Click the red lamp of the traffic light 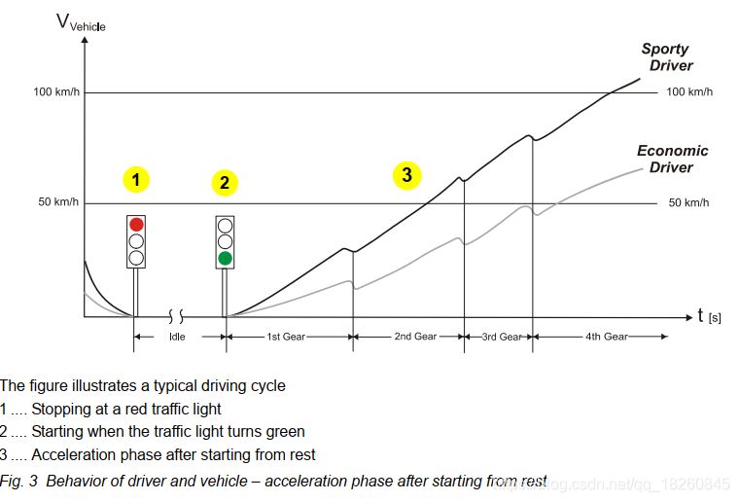point(136,225)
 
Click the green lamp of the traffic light point(225,259)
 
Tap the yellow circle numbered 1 point(136,180)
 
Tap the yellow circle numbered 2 point(225,183)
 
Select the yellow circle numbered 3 point(406,175)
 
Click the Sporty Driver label point(667,57)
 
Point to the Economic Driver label point(672,159)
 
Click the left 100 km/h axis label point(56,91)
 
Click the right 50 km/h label point(688,202)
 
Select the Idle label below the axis point(177,337)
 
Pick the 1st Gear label point(286,337)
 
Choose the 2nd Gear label point(415,336)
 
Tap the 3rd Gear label point(502,337)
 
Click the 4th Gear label point(607,337)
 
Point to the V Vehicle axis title point(81,22)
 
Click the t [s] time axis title point(709,316)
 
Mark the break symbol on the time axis point(176,316)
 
